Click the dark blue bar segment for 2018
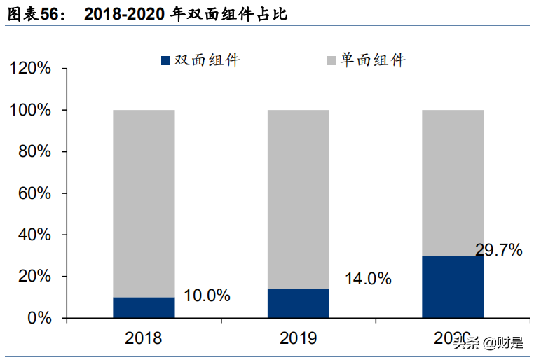tap(144, 307)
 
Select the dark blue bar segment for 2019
tap(298, 303)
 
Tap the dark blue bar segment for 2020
tap(452, 287)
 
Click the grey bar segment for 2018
tap(144, 203)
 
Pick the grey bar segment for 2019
tap(298, 200)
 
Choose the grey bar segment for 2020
tap(452, 182)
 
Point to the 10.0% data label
tap(207, 296)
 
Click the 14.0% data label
tap(367, 279)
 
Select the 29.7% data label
tap(498, 249)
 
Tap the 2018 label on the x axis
tap(143, 339)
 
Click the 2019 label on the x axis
tap(298, 339)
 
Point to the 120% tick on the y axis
tap(30, 69)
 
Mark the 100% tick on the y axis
tap(30, 111)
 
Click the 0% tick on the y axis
tap(40, 318)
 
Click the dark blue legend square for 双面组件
tap(165, 61)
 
